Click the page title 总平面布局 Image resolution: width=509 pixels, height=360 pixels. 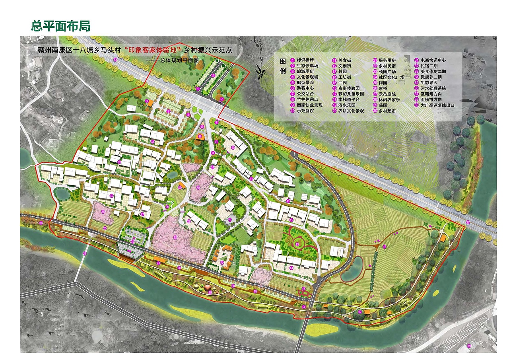click(60, 26)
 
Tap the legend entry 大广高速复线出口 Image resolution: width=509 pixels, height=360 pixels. click(437, 105)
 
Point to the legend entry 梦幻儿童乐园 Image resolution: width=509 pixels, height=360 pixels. click(351, 94)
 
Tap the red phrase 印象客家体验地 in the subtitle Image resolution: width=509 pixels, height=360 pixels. click(153, 51)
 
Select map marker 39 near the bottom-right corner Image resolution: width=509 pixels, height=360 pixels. click(469, 346)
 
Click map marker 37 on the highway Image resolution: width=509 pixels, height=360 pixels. click(468, 222)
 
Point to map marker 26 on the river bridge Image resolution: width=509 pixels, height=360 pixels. click(84, 253)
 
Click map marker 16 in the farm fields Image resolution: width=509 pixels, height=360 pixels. click(385, 247)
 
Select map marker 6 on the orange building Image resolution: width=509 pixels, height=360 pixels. click(200, 136)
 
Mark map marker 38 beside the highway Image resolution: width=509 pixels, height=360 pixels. click(115, 60)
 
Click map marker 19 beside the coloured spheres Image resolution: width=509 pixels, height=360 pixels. click(210, 293)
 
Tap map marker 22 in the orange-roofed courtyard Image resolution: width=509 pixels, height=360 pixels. click(222, 263)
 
